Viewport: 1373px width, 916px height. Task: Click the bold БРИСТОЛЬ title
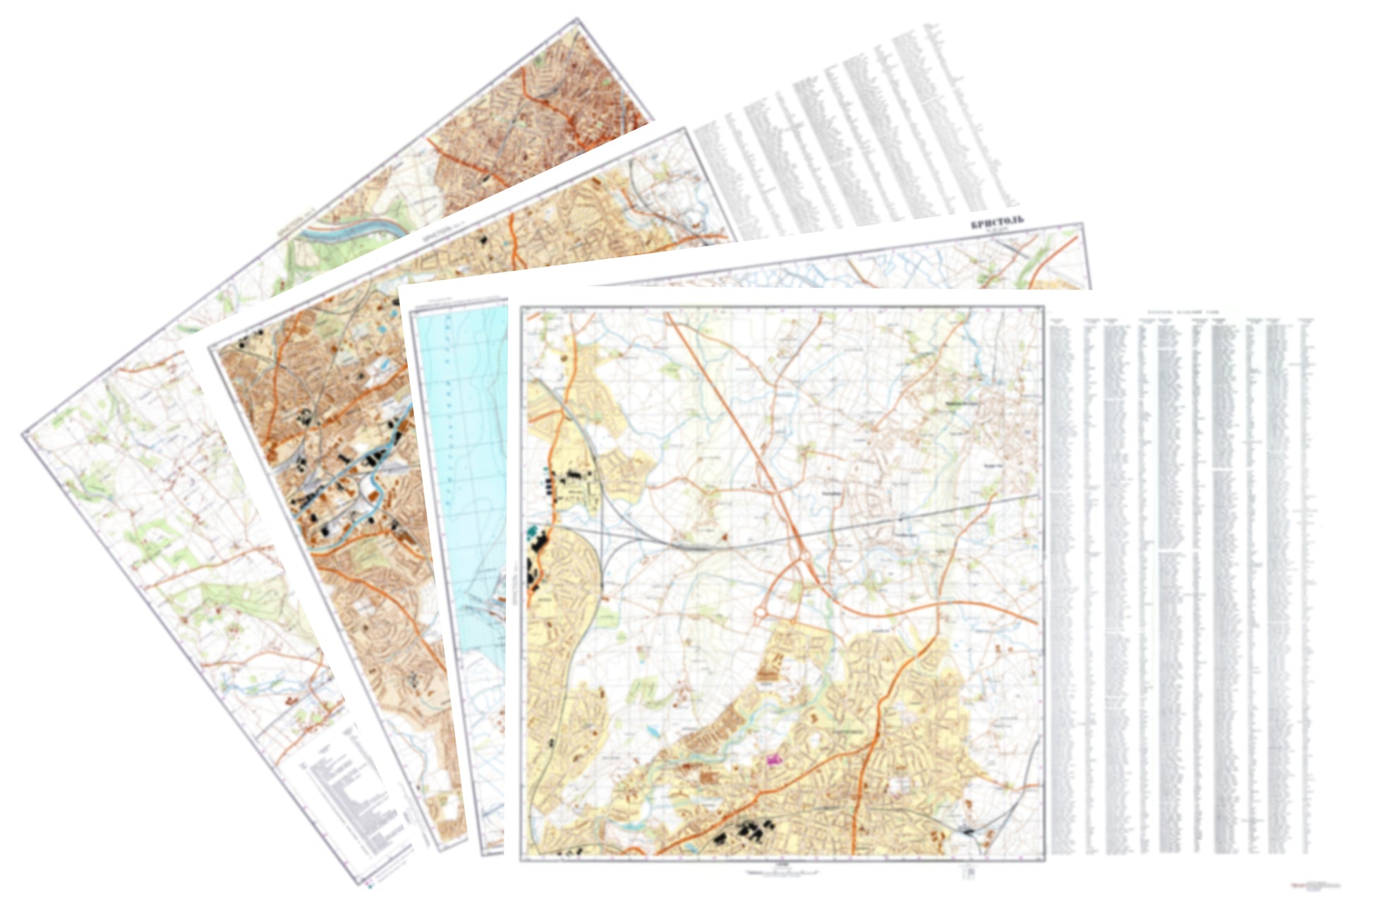(x=996, y=224)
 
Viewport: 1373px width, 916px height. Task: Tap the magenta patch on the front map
(x=775, y=759)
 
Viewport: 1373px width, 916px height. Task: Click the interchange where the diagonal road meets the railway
(x=805, y=558)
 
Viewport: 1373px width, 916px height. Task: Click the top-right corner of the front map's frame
(x=1042, y=307)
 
